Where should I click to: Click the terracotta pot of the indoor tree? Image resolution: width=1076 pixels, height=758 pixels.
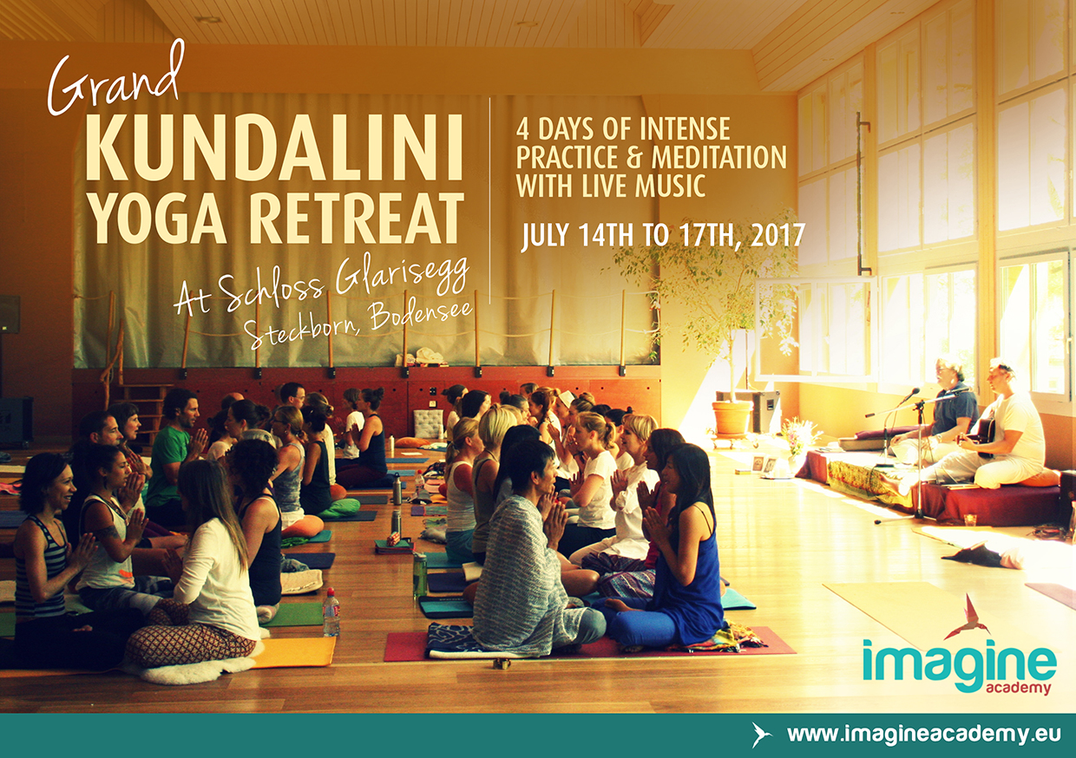click(732, 418)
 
